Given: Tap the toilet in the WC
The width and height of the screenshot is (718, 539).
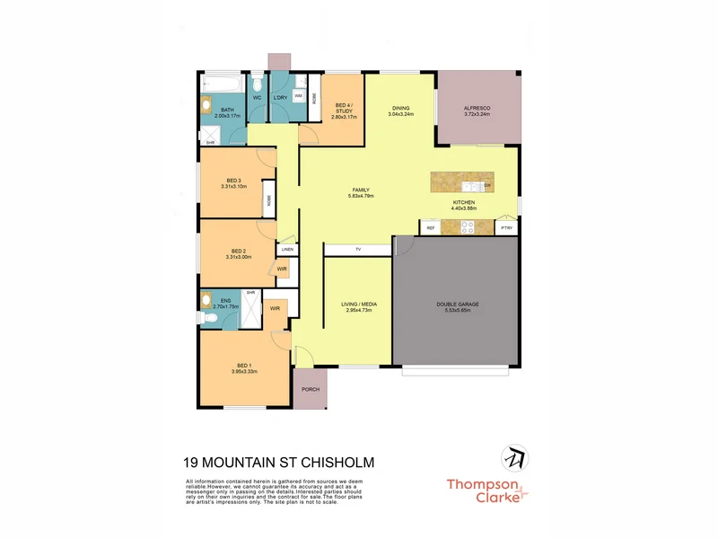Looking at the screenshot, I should tap(257, 86).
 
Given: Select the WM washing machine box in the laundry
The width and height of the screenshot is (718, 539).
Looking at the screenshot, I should tap(298, 94).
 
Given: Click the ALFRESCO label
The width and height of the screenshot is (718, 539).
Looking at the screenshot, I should tap(477, 108).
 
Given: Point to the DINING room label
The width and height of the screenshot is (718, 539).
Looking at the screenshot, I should tap(400, 109).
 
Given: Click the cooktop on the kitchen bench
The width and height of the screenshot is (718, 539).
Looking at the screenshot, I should tap(467, 228).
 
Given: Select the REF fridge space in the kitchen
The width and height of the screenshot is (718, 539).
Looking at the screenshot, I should tap(431, 228).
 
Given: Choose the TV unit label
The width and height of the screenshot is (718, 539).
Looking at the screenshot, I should tap(358, 249).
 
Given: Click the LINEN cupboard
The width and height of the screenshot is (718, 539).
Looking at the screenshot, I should tap(287, 249).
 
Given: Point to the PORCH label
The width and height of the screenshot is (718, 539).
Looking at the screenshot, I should tap(310, 389).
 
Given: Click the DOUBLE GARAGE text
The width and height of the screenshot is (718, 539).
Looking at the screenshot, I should tap(458, 305).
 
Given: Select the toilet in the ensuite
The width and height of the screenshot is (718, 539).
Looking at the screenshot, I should tap(208, 301).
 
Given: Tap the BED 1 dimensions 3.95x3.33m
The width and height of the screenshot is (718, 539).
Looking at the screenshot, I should tap(244, 371).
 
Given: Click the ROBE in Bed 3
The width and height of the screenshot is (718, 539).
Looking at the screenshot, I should tap(268, 199).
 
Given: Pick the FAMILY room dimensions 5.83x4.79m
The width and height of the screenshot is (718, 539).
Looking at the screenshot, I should tap(361, 195).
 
